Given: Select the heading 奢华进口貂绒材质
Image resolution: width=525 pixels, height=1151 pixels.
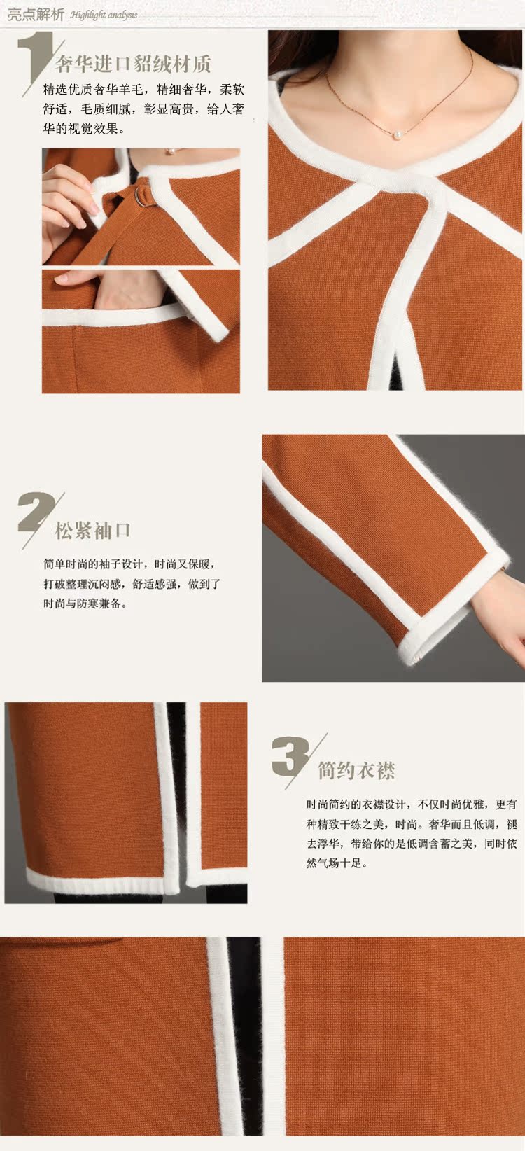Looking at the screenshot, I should click(x=133, y=65).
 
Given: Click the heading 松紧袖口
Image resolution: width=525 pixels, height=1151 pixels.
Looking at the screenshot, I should click(x=93, y=530).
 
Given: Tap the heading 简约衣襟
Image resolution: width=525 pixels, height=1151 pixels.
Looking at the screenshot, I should click(x=356, y=771).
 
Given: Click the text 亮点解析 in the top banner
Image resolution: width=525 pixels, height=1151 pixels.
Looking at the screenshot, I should click(x=36, y=14).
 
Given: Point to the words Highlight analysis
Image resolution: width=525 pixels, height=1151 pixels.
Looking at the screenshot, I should click(x=104, y=15).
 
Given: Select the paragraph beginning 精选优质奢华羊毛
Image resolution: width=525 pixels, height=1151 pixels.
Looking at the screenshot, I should click(x=143, y=109).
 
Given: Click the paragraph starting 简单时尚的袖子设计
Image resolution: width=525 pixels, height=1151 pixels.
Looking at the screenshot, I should click(x=132, y=583).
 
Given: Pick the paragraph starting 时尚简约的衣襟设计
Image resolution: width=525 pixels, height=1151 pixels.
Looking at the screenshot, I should click(x=412, y=834).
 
